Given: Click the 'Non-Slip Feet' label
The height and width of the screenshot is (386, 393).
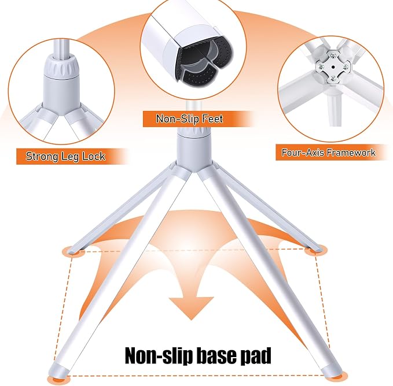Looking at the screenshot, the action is pos(189,118).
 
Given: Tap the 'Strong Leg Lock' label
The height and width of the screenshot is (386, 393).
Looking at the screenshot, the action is pos(65,157).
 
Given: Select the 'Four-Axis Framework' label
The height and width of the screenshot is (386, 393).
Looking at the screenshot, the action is pos(328,153).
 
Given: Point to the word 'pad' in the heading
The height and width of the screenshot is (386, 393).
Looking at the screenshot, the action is pos(256,356).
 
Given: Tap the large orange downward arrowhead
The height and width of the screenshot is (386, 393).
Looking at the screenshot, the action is pos(191,307).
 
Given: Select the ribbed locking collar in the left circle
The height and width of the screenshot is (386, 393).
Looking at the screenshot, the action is pos(62,66).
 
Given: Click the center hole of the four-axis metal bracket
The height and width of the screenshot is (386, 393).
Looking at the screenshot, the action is pos(333,67).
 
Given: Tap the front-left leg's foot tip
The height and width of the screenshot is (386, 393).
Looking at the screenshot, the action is pos(58,370).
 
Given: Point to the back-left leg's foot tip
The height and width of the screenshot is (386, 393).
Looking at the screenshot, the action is pos(75,250).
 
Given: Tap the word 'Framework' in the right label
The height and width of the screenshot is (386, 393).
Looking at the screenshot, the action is pos(351,153).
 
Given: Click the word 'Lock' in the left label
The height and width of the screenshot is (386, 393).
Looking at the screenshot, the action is pos(94,156).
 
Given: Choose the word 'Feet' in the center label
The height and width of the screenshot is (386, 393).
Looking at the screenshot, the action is pos(212,118).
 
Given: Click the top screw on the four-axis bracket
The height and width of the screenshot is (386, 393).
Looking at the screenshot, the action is pos(333,55).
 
